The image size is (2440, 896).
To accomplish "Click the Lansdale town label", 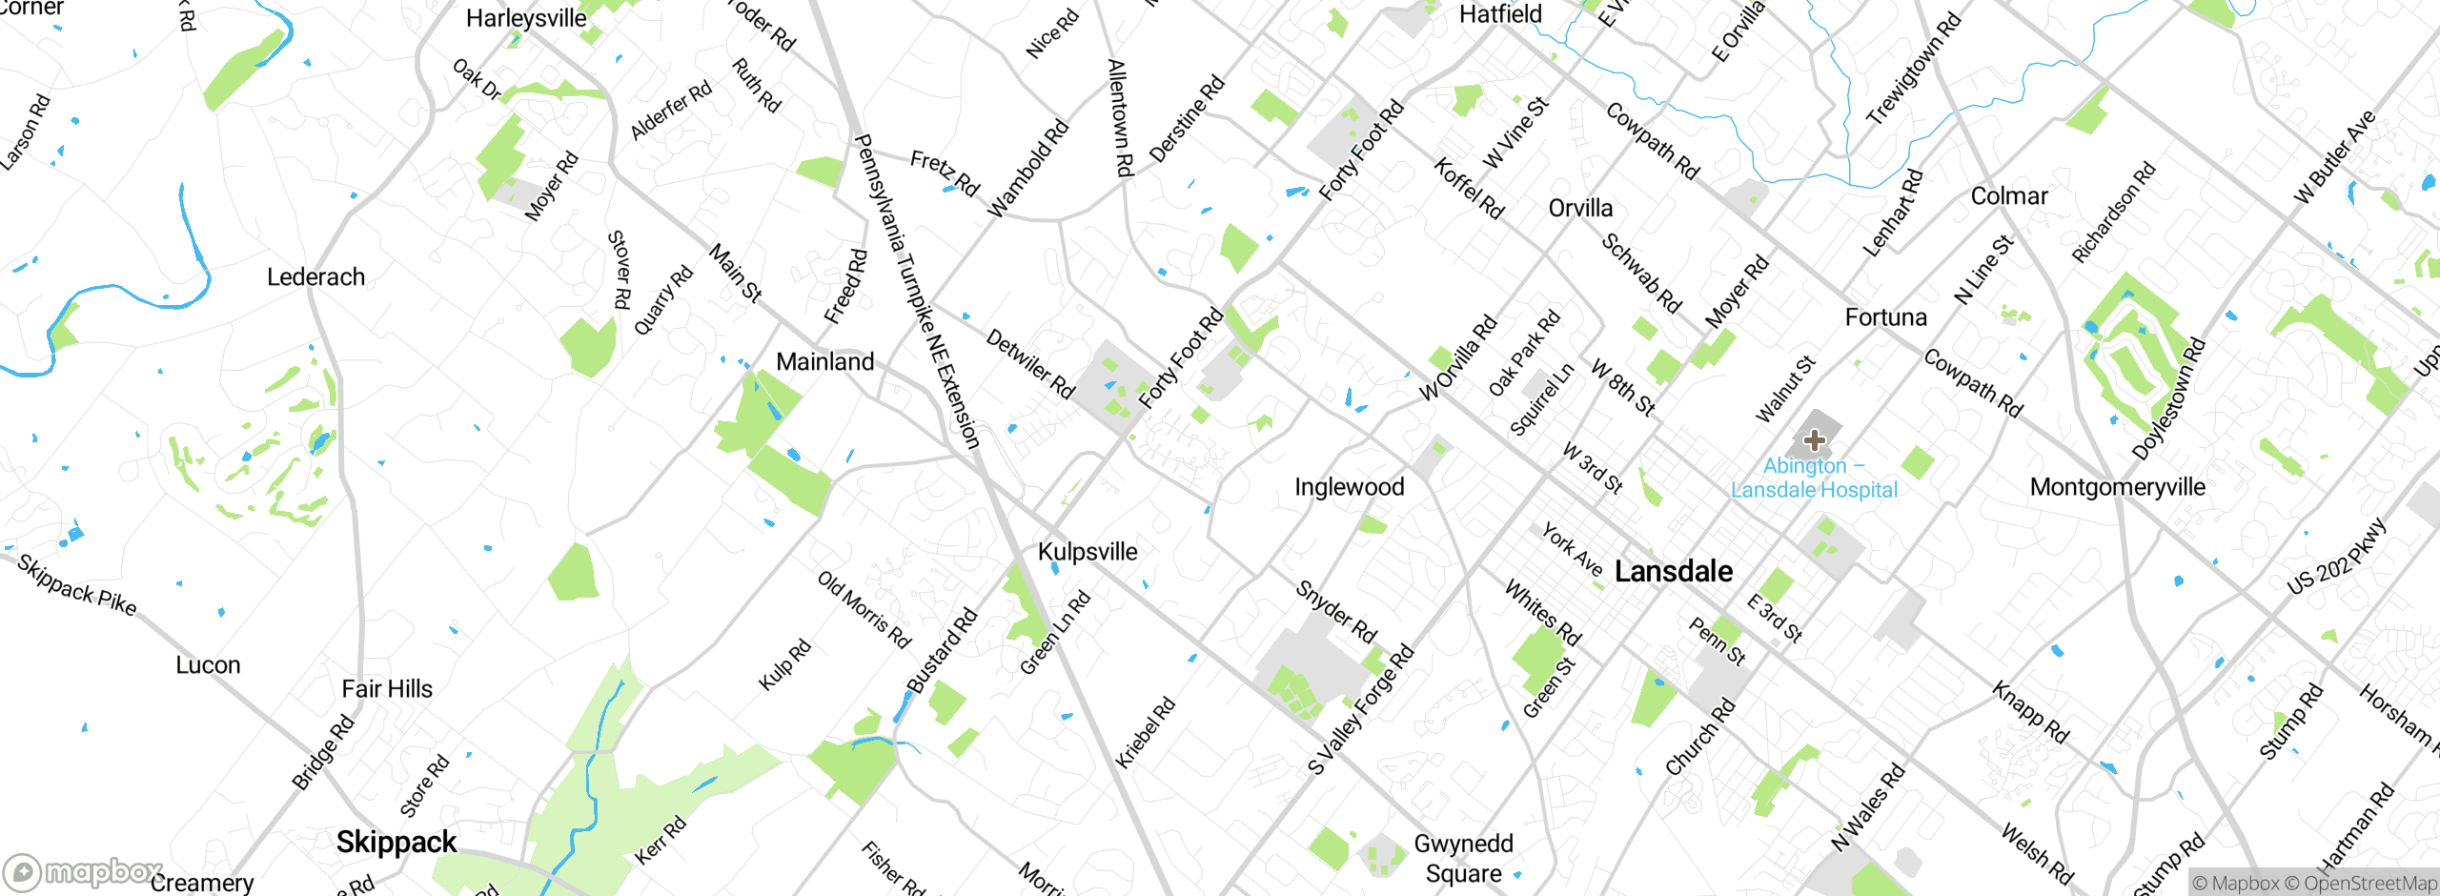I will coord(1674,572).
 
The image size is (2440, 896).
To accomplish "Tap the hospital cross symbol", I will coord(1815,439).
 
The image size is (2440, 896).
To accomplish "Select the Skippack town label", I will coord(396,843).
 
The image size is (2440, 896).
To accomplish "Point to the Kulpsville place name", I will coord(1088,552).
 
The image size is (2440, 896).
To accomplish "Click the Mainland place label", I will coord(825,362).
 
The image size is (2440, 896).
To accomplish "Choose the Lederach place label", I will coord(315,277).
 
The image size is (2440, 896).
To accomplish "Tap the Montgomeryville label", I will coord(2118,487).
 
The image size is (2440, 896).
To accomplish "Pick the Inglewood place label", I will coord(1350,487).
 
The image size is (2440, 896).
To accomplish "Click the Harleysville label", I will coord(526,18).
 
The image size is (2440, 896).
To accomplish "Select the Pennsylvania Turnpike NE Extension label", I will coord(916,291).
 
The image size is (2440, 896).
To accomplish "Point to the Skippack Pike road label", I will coord(77,585).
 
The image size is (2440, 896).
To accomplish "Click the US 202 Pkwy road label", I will coord(2337,557).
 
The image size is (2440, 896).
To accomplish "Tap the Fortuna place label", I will coord(1885,317).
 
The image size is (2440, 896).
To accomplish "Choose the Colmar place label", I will coord(2009,196).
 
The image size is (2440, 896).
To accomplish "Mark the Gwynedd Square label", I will coord(1464,859).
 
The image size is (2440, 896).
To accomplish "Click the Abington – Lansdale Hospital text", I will coord(1814,479).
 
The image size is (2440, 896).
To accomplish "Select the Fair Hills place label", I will coord(387,689).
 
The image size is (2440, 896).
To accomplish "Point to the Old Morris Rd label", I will coord(864,610).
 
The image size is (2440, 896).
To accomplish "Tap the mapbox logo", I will coord(82,871).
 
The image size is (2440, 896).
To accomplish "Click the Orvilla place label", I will coord(1580,209).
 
